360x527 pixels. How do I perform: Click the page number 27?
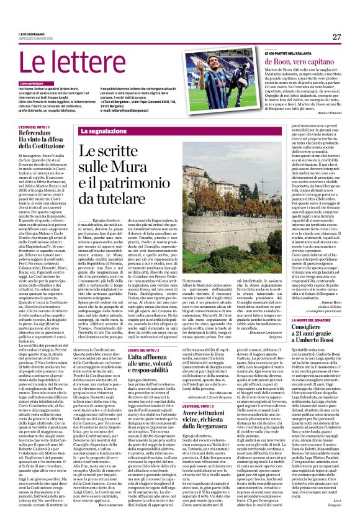click(336, 37)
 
